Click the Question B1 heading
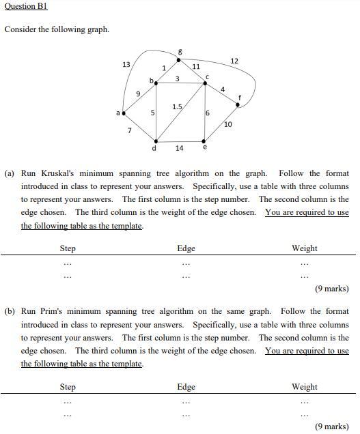tap(26, 6)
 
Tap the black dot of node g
tap(179, 59)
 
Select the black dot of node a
tap(124, 113)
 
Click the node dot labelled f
tap(238, 104)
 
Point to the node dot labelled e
tap(205, 142)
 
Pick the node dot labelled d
tap(156, 141)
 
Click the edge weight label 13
tap(126, 64)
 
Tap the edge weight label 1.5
tap(177, 106)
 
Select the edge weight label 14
tap(179, 147)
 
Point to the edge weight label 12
tap(234, 61)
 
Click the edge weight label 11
tap(196, 67)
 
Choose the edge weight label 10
tap(227, 124)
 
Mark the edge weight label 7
tap(130, 129)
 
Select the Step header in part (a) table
tap(68, 248)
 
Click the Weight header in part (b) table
tap(304, 387)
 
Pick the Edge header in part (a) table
tap(186, 248)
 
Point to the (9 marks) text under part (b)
tap(331, 426)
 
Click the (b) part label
tap(10, 312)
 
